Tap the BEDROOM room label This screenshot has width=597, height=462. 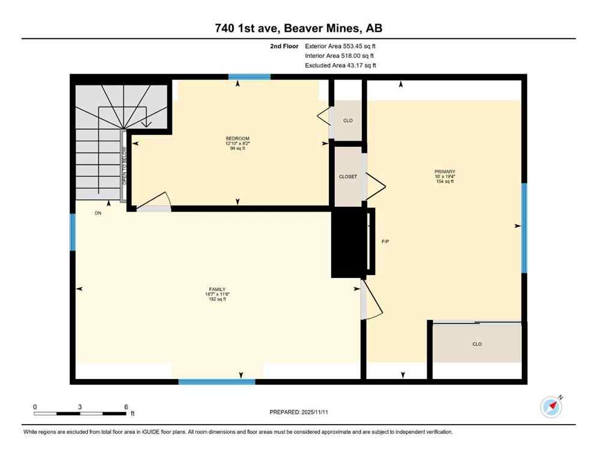tap(237, 138)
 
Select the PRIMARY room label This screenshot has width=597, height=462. tap(444, 171)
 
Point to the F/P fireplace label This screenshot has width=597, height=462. tap(385, 242)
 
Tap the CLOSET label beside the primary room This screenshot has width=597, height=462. tap(348, 177)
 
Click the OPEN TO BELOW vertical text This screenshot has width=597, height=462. tap(124, 165)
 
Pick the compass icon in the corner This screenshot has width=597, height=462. tap(551, 407)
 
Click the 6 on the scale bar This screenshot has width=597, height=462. tap(126, 407)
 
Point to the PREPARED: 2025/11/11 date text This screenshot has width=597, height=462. tap(298, 412)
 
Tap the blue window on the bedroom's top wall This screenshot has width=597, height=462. tap(249, 77)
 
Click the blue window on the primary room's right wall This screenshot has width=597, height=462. tap(524, 227)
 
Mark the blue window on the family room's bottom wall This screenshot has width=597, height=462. tap(216, 381)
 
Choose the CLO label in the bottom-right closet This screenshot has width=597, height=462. tap(477, 344)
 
